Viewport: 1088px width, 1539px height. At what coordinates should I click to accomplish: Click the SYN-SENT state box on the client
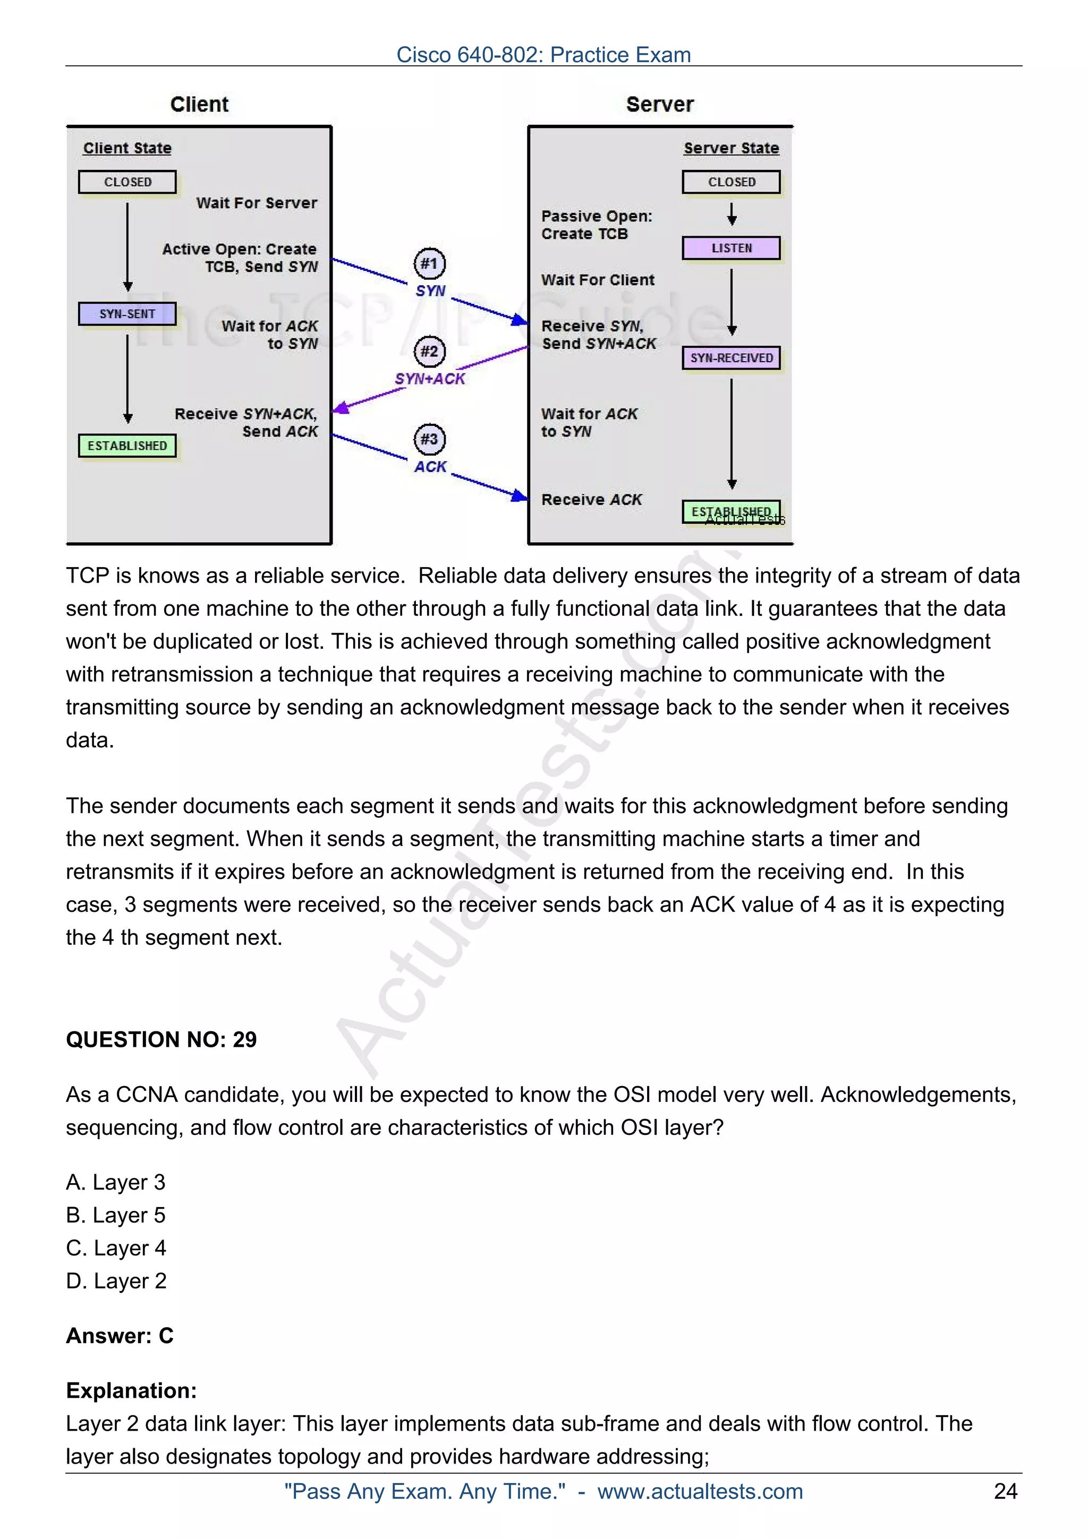click(127, 314)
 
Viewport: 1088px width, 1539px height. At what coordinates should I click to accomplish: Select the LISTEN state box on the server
click(732, 248)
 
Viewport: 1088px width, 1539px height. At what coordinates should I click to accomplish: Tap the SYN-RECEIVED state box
click(732, 358)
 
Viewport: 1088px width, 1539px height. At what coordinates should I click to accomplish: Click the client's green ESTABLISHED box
click(127, 446)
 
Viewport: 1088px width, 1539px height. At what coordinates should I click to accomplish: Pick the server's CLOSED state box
click(732, 182)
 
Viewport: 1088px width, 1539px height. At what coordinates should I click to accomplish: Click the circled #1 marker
click(429, 263)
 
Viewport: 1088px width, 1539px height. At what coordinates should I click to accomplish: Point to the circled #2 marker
click(429, 351)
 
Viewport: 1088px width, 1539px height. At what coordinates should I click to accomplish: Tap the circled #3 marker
click(429, 439)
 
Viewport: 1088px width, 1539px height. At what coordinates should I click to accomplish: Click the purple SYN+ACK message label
click(430, 379)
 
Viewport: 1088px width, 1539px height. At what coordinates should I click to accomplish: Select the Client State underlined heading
click(127, 148)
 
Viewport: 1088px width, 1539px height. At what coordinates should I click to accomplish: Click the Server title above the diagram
click(660, 105)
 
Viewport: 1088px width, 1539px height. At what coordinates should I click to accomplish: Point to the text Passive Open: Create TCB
click(596, 225)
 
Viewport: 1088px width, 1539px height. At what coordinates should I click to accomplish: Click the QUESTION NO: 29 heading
click(161, 1040)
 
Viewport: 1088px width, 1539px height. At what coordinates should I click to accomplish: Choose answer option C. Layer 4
click(116, 1248)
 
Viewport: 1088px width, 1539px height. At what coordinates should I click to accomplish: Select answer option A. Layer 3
click(115, 1183)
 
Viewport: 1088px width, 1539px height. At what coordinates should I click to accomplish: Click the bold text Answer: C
click(120, 1336)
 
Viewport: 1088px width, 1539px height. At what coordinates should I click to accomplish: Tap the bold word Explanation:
click(131, 1391)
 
